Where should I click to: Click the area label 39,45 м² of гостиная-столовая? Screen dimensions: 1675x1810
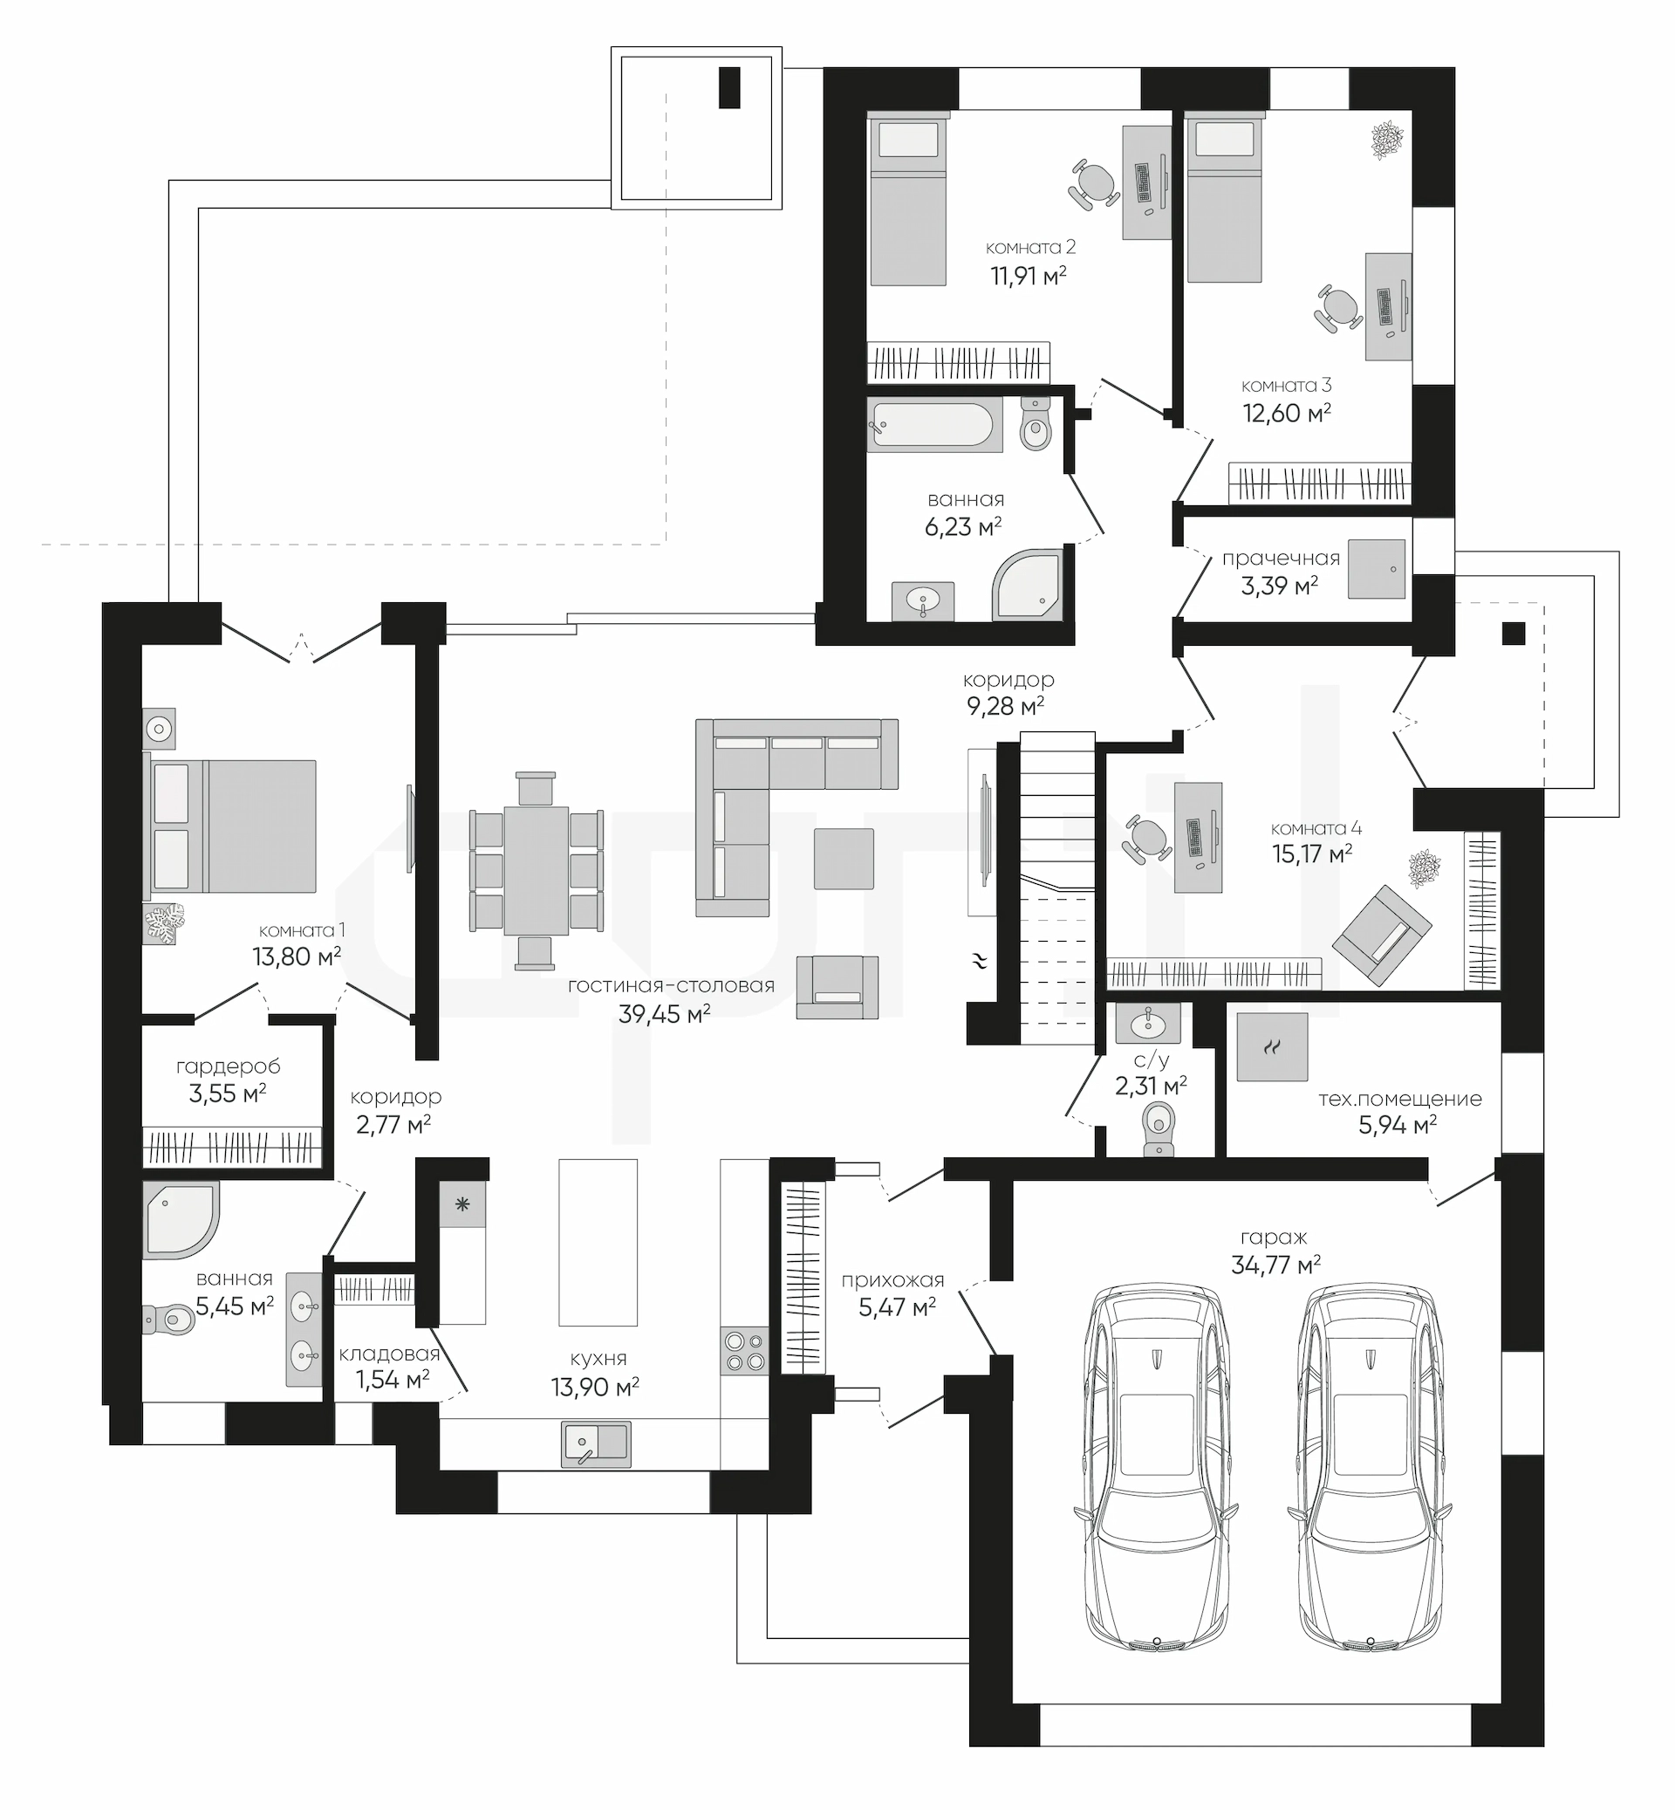pos(665,1014)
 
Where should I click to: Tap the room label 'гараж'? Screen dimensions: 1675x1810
pos(1275,1237)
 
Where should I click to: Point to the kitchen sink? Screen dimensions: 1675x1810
pos(597,1443)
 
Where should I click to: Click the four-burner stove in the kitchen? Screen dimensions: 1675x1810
pos(745,1351)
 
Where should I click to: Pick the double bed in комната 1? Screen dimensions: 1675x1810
pos(230,826)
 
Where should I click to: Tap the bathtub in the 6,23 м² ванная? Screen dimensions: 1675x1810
pos(934,424)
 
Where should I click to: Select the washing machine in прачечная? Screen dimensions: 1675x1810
pos(1377,570)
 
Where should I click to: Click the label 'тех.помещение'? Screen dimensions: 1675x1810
pos(1399,1099)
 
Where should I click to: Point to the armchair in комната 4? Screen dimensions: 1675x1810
pos(1381,935)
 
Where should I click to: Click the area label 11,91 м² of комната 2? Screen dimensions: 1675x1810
pos(1028,276)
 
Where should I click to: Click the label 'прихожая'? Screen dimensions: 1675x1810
pos(892,1280)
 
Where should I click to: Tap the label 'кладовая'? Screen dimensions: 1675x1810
pos(389,1354)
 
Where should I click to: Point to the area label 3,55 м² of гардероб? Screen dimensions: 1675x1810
pos(228,1094)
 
